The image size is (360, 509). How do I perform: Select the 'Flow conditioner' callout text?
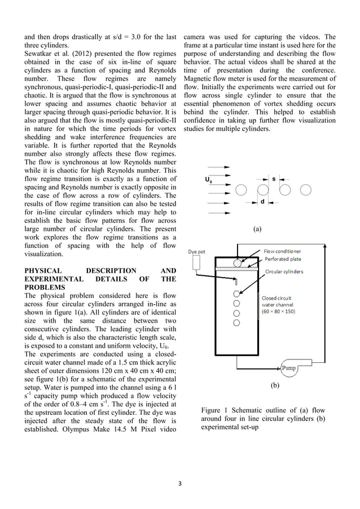283,251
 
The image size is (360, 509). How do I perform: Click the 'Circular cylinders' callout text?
284,271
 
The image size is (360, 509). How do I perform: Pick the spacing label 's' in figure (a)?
274,179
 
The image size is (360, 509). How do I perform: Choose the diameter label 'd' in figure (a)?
262,201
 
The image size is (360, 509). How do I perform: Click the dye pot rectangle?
197,262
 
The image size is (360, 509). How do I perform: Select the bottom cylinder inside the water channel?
237,323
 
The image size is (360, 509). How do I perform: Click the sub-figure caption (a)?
258,229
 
